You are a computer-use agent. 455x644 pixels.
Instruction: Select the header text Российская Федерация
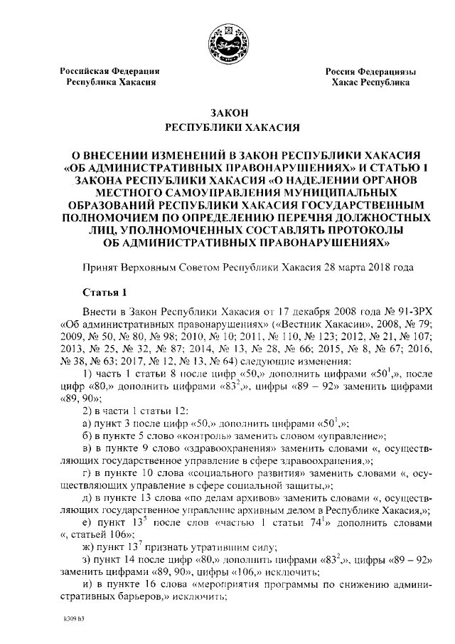[109, 71]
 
